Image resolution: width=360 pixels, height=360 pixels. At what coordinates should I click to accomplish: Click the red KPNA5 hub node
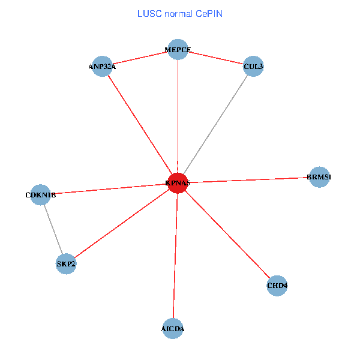pos(178,183)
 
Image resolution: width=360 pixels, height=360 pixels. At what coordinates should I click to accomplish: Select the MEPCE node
pos(178,50)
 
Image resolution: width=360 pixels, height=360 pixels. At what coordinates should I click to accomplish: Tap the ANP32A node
pos(103,66)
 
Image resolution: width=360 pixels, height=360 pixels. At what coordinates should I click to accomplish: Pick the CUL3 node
pos(253,66)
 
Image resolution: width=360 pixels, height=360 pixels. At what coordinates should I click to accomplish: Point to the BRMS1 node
pos(319,177)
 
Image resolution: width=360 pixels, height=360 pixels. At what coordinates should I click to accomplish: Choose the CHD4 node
pos(277,286)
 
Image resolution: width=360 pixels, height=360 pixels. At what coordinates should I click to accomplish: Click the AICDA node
pos(173,329)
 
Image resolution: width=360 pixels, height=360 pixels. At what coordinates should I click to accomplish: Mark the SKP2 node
pos(66,263)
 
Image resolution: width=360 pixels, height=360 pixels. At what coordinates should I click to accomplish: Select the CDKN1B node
pos(40,194)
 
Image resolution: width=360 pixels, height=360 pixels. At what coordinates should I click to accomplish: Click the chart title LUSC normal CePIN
pos(180,13)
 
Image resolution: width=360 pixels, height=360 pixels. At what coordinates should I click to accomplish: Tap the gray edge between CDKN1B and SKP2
pos(53,229)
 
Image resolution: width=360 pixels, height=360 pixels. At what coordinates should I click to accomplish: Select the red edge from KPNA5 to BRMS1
pos(248,180)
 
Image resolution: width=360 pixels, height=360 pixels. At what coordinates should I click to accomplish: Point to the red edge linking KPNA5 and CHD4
pos(227,234)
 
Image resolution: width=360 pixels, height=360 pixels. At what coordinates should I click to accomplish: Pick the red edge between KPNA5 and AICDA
pos(175,256)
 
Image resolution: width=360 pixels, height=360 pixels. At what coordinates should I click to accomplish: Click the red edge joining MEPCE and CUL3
pos(216,58)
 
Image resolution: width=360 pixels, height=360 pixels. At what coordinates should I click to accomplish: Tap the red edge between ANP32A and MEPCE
pos(140,58)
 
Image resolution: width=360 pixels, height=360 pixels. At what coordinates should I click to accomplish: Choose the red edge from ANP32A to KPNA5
pos(140,124)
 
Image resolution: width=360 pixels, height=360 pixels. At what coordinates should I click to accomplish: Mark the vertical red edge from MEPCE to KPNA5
pos(178,116)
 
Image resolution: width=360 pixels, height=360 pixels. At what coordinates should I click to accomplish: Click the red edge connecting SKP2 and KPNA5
pos(122,223)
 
